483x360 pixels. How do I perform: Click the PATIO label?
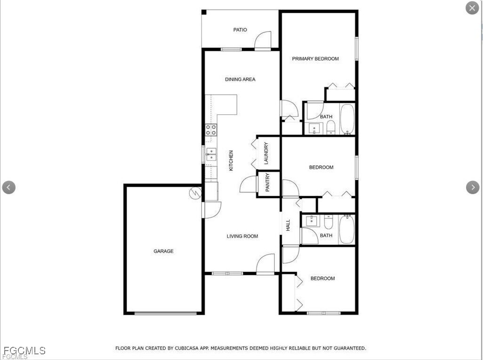[240, 30]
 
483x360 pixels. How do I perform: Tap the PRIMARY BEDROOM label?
[315, 59]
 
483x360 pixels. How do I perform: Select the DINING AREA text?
[240, 80]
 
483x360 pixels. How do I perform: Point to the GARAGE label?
[163, 251]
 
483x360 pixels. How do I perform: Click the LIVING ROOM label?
[242, 236]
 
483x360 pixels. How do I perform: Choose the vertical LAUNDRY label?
[266, 153]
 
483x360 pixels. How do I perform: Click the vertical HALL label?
[288, 225]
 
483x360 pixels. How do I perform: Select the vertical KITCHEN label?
[231, 160]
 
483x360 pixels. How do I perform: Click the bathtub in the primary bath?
[347, 119]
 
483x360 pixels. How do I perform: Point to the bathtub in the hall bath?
[347, 229]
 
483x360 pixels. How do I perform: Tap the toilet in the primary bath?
[331, 127]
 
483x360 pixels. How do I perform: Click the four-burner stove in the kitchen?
[211, 130]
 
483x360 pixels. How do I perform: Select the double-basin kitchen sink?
[211, 154]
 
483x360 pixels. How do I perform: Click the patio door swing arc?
[264, 40]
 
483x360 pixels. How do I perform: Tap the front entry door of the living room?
[266, 263]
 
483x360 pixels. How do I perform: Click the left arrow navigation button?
[8, 187]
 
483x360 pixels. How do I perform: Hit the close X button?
[472, 8]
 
